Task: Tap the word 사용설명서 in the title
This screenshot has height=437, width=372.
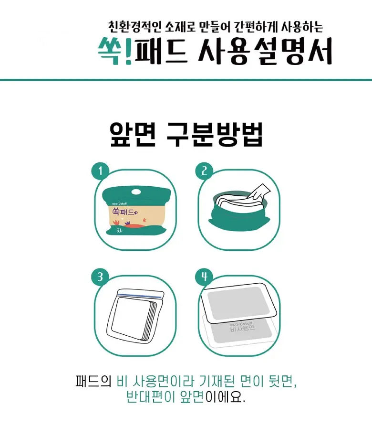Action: (x=266, y=51)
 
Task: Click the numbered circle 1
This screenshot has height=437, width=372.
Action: (x=101, y=171)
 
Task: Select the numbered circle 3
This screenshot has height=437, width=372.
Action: (x=101, y=277)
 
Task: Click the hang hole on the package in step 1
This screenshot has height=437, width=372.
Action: (x=136, y=190)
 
